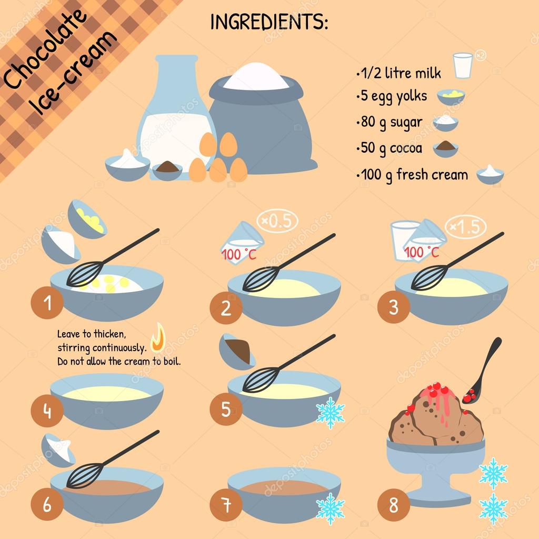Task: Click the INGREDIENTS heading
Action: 269,22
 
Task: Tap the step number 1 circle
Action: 47,304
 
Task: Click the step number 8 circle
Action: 393,506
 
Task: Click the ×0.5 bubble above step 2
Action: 277,222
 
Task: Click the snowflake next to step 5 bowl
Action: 330,413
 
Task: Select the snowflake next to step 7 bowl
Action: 330,509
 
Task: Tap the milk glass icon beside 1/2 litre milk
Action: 463,66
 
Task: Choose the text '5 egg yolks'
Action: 394,97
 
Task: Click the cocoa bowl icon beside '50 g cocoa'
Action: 445,149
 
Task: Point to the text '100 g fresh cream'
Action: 414,174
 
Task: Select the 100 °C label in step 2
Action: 235,255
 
